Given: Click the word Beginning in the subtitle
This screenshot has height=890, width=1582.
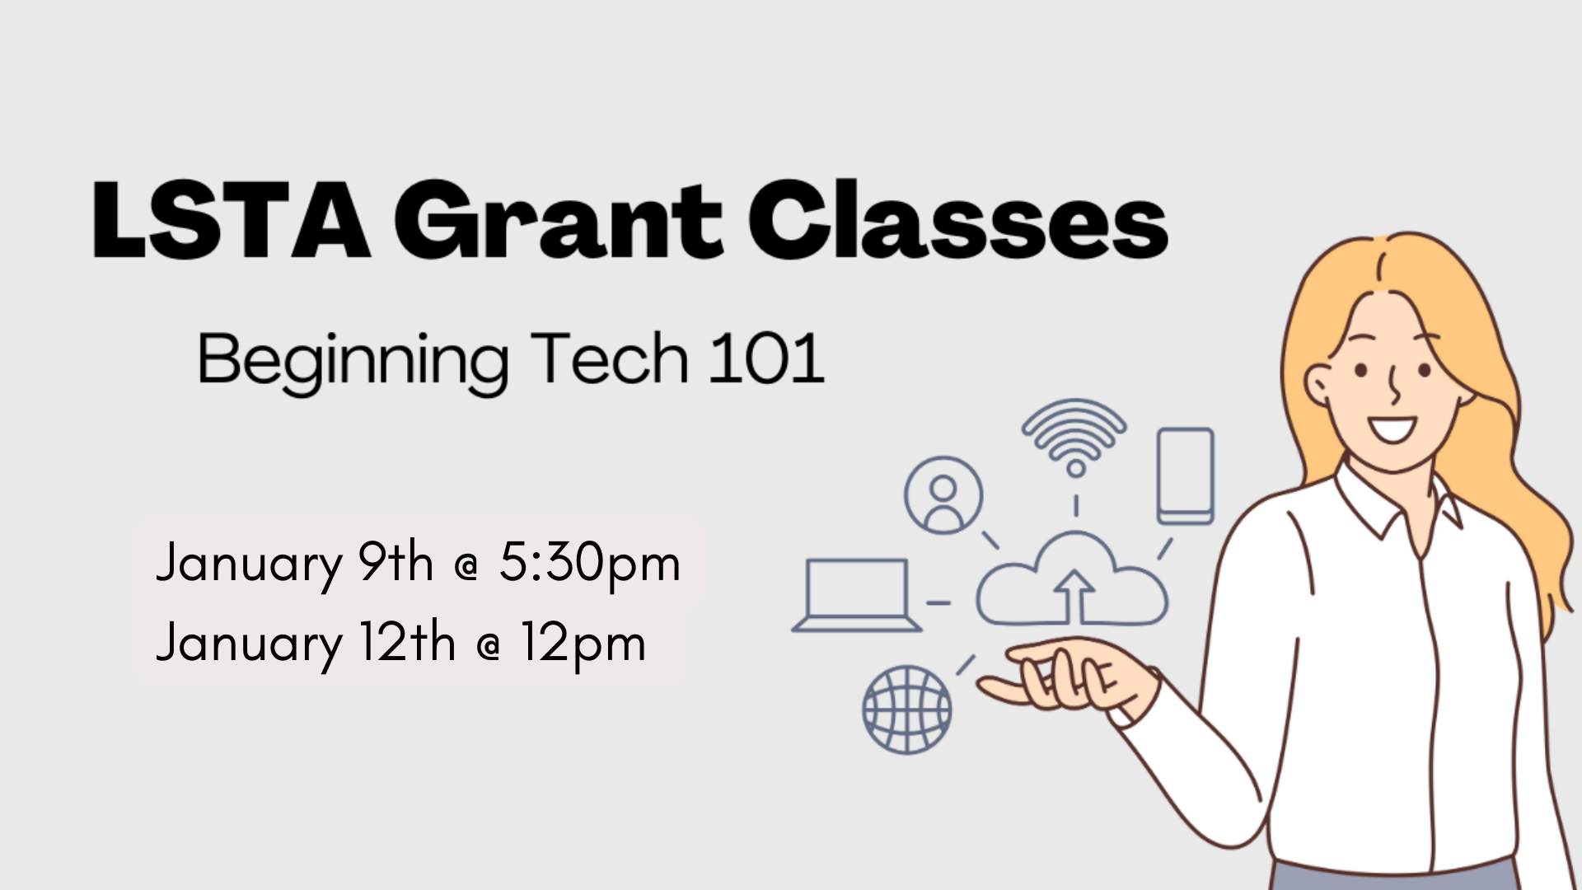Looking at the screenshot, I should tap(353, 361).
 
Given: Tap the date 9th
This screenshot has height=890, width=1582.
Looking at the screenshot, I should tap(395, 564).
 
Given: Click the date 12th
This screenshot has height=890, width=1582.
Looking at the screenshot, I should tap(407, 643).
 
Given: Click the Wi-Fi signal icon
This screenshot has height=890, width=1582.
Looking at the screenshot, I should tap(1074, 437).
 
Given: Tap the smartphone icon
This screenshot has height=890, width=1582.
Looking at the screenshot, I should tap(1185, 475).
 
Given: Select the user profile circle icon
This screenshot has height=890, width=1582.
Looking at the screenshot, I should tap(943, 495).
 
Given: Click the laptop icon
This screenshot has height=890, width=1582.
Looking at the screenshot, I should tap(856, 595).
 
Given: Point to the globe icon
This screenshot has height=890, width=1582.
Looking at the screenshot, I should tap(906, 710).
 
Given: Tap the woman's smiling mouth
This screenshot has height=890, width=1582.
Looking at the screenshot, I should tap(1392, 429).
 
